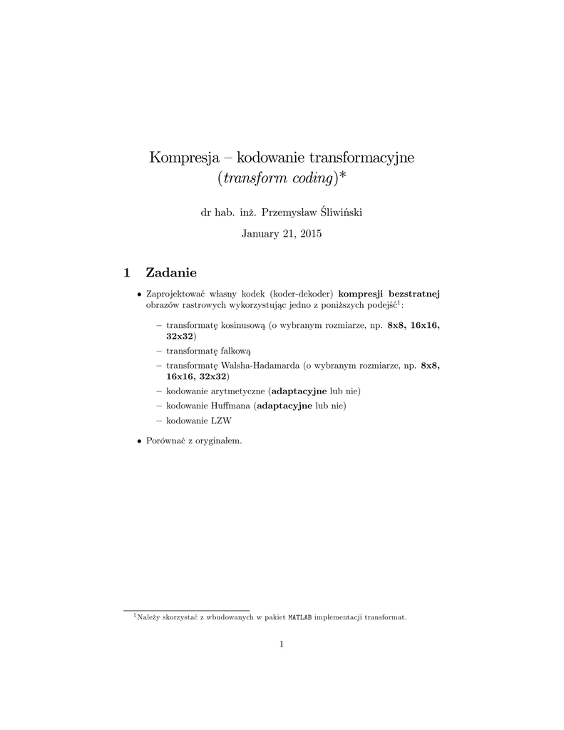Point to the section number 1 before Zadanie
(127, 272)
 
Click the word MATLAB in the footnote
(299, 617)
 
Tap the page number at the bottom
(282, 644)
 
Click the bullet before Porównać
(140, 441)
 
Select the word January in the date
(262, 233)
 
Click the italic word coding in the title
(310, 178)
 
